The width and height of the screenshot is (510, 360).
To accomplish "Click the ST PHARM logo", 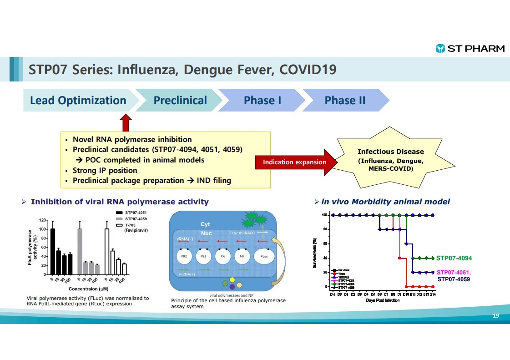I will click(470, 48).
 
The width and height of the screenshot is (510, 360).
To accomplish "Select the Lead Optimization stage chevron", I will click(78, 101).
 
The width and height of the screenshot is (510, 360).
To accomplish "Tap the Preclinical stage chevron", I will click(180, 101).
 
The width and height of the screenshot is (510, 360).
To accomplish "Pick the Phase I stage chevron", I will click(263, 101).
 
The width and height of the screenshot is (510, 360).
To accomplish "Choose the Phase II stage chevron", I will click(345, 101).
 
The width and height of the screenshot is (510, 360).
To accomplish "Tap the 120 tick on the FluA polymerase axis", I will click(42, 220).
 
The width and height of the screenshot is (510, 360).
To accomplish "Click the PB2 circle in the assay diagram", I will click(185, 257).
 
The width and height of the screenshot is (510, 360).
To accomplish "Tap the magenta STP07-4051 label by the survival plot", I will click(454, 272).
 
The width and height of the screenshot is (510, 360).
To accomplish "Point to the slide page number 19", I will click(497, 316).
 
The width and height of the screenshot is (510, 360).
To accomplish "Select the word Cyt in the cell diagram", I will click(206, 224).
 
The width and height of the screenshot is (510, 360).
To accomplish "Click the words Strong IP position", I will click(105, 170).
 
